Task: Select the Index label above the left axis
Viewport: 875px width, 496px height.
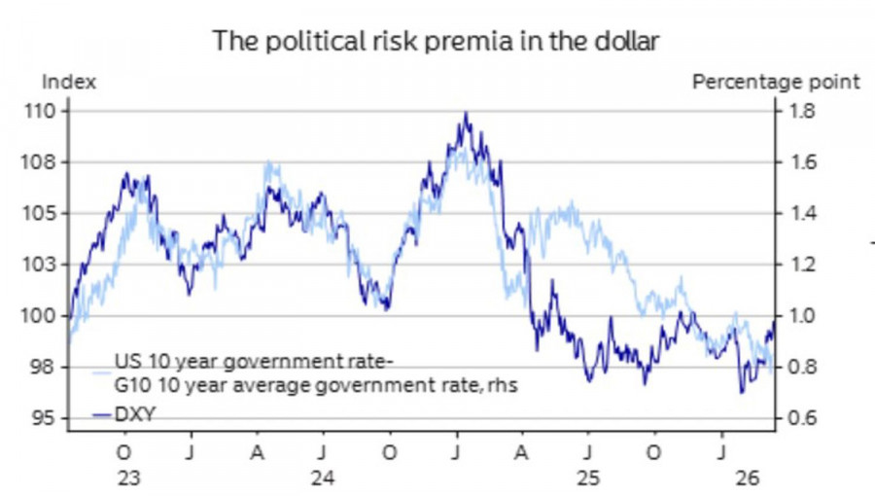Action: [x=68, y=82]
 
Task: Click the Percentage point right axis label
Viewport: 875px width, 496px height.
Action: [x=776, y=82]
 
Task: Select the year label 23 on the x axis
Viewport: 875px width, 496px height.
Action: [x=125, y=478]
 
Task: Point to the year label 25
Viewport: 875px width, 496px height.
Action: [x=586, y=478]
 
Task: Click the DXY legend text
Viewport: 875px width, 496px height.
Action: [x=135, y=415]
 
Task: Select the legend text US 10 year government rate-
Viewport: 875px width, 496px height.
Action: [x=254, y=364]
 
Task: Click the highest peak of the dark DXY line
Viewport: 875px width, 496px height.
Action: [x=466, y=114]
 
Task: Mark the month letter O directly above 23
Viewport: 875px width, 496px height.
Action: [x=123, y=453]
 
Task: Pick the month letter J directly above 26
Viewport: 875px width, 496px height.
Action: [x=720, y=453]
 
